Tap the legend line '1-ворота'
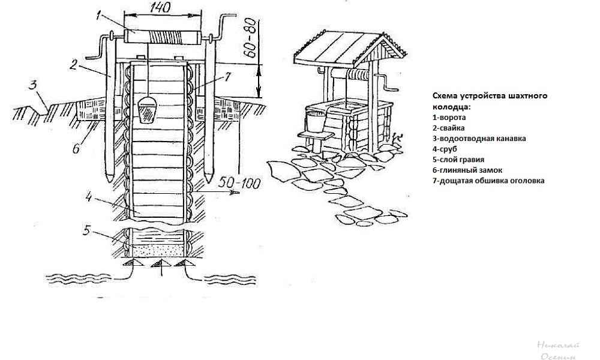[449, 118]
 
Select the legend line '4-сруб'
[445, 149]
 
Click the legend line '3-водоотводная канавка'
[479, 139]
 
